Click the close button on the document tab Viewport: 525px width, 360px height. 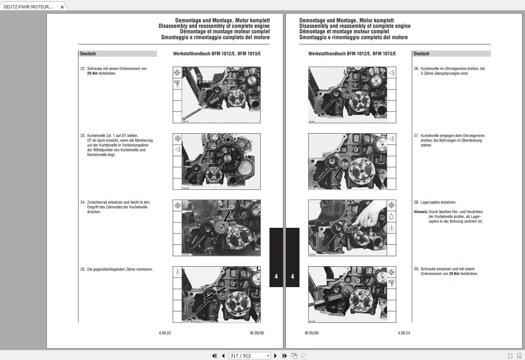(x=62, y=7)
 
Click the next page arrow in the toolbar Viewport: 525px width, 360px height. (x=276, y=356)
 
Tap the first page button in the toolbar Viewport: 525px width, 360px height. (x=214, y=356)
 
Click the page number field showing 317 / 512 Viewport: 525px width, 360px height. (x=247, y=356)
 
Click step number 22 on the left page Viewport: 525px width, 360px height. (x=83, y=68)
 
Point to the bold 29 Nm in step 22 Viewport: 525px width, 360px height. (x=92, y=73)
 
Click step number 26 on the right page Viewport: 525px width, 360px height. (x=416, y=68)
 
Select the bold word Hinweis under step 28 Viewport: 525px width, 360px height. (x=421, y=212)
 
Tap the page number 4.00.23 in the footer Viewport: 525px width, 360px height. (x=165, y=333)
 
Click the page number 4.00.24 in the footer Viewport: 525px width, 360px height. (x=404, y=333)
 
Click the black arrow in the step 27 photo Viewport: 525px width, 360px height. (x=339, y=172)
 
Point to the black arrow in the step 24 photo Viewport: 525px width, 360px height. (x=227, y=216)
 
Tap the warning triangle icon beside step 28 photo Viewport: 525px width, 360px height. (x=391, y=228)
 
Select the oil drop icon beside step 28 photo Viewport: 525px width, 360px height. (x=391, y=217)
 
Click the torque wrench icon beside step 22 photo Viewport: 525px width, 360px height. (x=177, y=84)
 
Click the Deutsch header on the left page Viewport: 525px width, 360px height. (x=88, y=53)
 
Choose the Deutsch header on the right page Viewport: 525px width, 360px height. (x=421, y=53)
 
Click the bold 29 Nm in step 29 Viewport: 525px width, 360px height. (x=454, y=274)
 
